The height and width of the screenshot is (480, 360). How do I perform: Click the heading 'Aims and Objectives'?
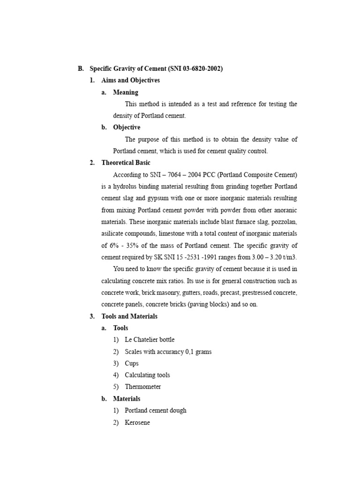click(130, 80)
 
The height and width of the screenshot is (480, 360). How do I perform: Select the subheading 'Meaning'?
click(126, 92)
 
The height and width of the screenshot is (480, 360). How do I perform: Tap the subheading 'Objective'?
click(127, 127)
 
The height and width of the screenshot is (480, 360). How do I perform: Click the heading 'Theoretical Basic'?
click(126, 163)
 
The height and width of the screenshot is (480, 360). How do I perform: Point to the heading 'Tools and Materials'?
click(129, 316)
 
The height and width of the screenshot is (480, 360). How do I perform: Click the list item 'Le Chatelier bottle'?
click(150, 339)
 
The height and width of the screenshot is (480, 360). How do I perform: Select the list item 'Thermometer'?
click(142, 387)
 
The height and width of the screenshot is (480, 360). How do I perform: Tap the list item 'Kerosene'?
click(137, 422)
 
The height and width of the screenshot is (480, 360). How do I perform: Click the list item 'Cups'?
click(132, 363)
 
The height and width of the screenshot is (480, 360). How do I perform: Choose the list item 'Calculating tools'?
click(147, 375)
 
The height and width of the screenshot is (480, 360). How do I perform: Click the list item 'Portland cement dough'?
click(156, 410)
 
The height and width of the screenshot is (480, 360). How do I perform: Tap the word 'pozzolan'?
click(284, 222)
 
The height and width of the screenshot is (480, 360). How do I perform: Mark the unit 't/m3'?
click(289, 257)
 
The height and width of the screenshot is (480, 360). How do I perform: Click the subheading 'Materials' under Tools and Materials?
click(127, 398)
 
